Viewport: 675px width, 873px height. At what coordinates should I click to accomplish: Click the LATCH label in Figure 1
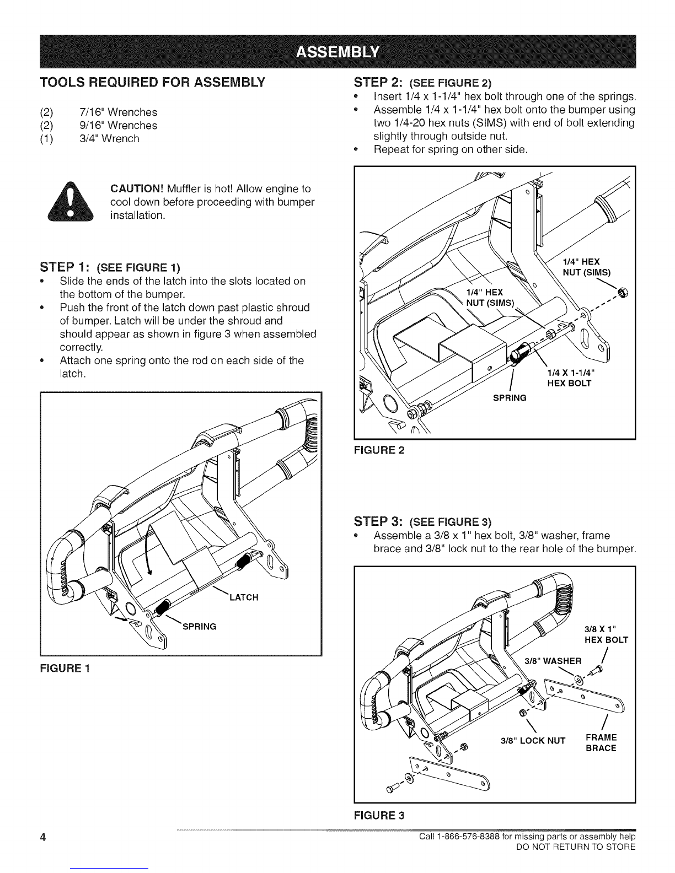pos(243,597)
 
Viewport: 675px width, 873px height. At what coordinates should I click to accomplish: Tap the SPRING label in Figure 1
pos(199,626)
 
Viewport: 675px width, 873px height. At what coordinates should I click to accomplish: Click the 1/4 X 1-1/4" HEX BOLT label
pos(569,378)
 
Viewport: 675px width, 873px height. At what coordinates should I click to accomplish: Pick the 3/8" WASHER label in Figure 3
pos(552,661)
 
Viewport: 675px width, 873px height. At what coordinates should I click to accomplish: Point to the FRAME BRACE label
pos(601,743)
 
